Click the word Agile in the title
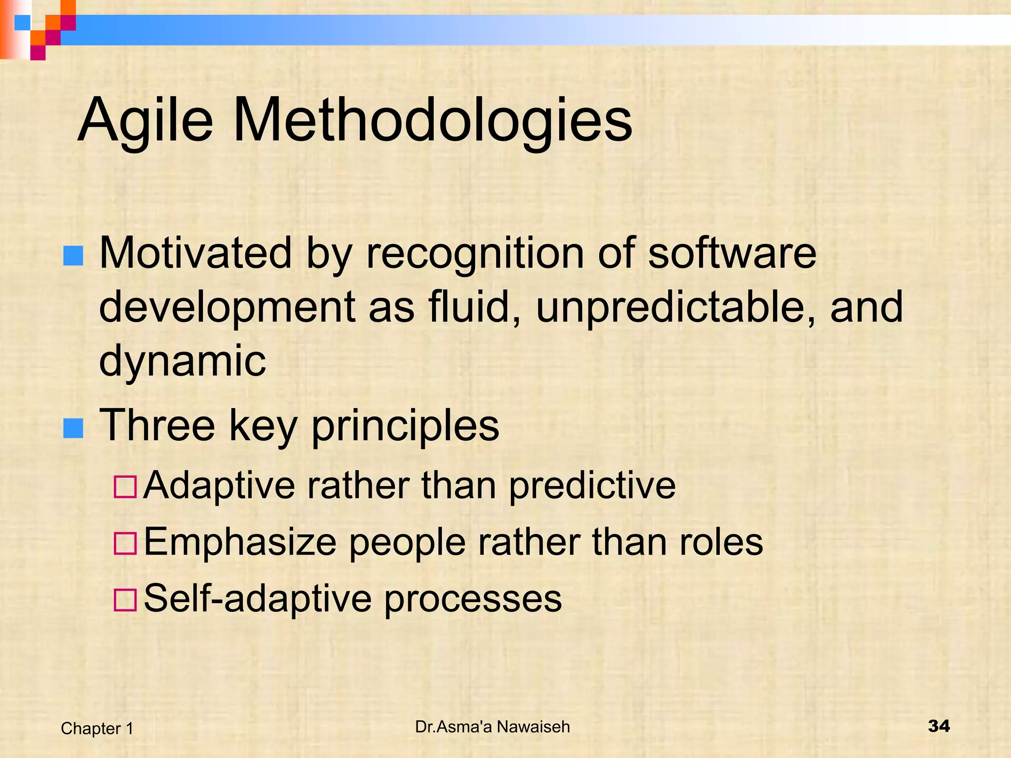(x=145, y=121)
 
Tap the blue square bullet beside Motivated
(x=73, y=256)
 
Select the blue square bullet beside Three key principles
(x=73, y=428)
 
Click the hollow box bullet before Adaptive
(x=125, y=487)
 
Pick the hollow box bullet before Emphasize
(x=125, y=543)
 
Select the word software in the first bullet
(x=732, y=254)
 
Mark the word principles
(x=405, y=426)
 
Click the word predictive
(x=592, y=486)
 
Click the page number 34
(x=938, y=726)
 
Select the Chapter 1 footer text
(x=97, y=728)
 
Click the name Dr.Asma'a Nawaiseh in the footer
(x=492, y=727)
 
